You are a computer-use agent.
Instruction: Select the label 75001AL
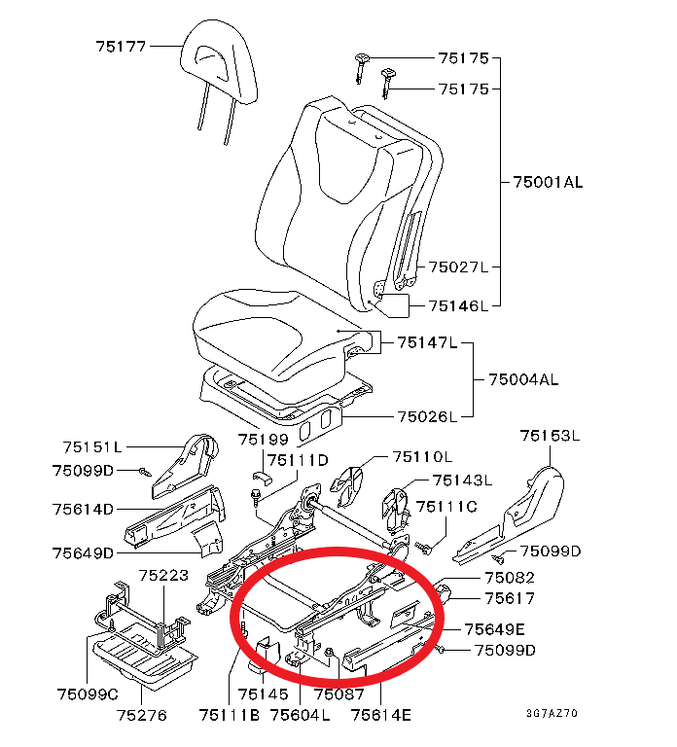pos(547,182)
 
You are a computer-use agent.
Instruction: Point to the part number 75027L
pos(458,267)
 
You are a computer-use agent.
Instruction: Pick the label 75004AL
pos(522,378)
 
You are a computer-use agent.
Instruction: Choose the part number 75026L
pos(426,417)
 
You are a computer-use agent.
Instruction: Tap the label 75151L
pos(93,447)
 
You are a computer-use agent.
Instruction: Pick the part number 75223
pos(163,576)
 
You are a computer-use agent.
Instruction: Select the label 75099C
pos(87,694)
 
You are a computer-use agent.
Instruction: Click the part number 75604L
pos(300,716)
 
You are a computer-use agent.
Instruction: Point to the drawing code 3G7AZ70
pos(552,714)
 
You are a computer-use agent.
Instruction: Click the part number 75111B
pos(229,716)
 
